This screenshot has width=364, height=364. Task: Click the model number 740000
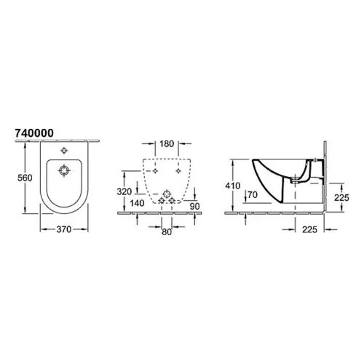pyautogui.click(x=34, y=133)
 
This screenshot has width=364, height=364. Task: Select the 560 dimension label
pyautogui.click(x=25, y=178)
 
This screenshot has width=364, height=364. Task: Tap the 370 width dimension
pyautogui.click(x=64, y=229)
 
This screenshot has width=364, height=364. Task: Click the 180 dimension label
pyautogui.click(x=167, y=143)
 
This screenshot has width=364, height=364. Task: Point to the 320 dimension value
pyautogui.click(x=124, y=191)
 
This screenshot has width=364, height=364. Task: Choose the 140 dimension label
pyautogui.click(x=137, y=203)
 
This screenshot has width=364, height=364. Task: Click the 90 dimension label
pyautogui.click(x=194, y=206)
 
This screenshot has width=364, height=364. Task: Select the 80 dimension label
pyautogui.click(x=167, y=232)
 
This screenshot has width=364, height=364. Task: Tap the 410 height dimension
pyautogui.click(x=233, y=186)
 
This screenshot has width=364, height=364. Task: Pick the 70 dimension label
pyautogui.click(x=253, y=194)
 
